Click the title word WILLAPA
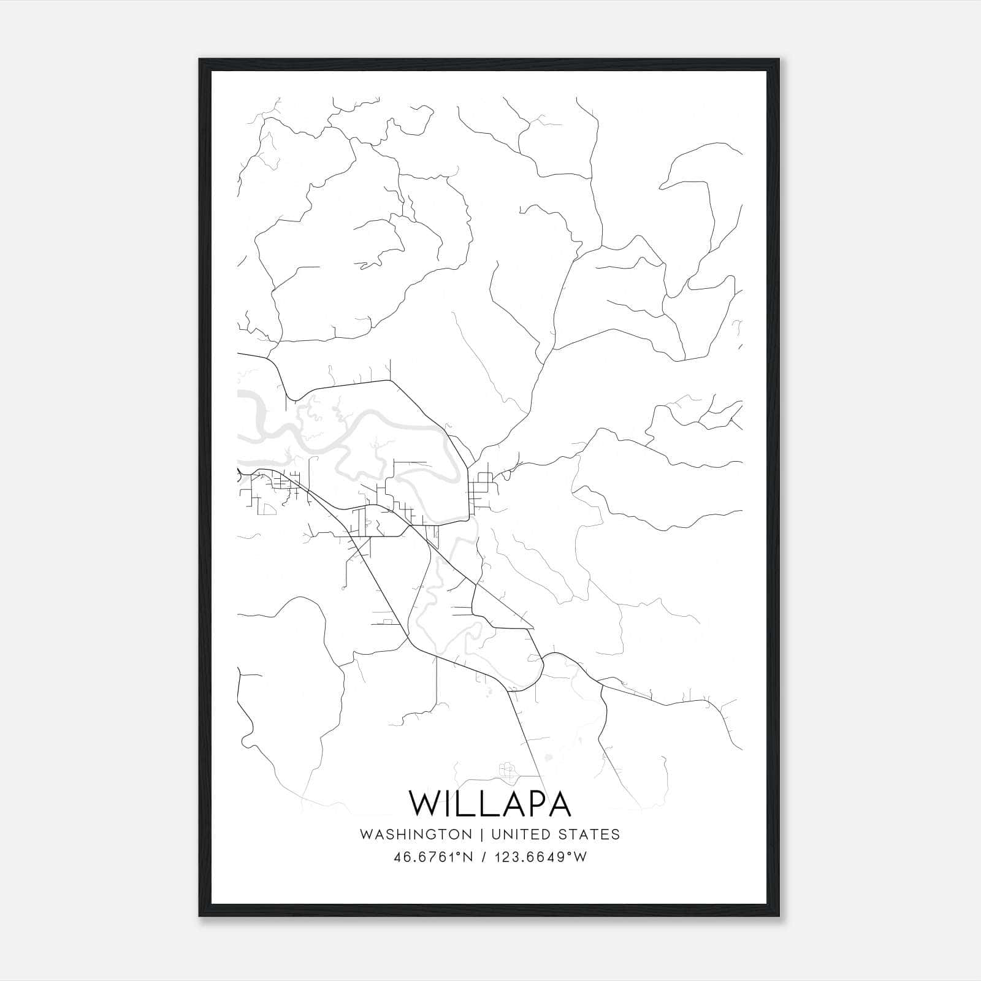pos(490,804)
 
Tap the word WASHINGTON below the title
pos(416,834)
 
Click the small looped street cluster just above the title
pos(506,770)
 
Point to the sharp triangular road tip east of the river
pos(532,627)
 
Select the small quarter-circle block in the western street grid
pos(269,508)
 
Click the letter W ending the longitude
pos(581,857)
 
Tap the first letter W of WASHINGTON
pos(366,834)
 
